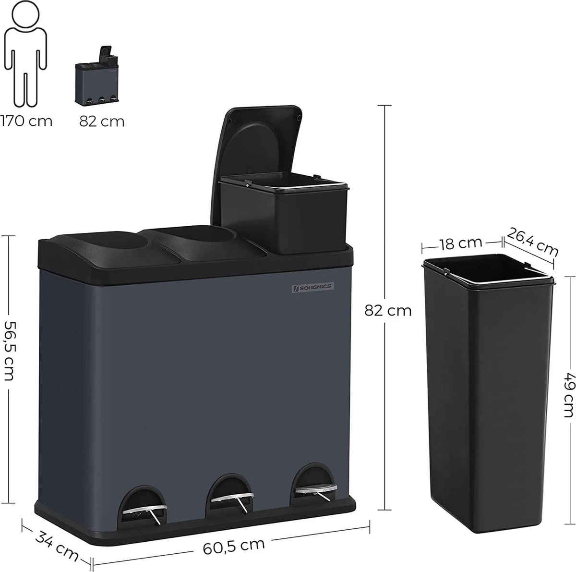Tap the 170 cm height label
click(26, 121)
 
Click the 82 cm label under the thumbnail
click(102, 121)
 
